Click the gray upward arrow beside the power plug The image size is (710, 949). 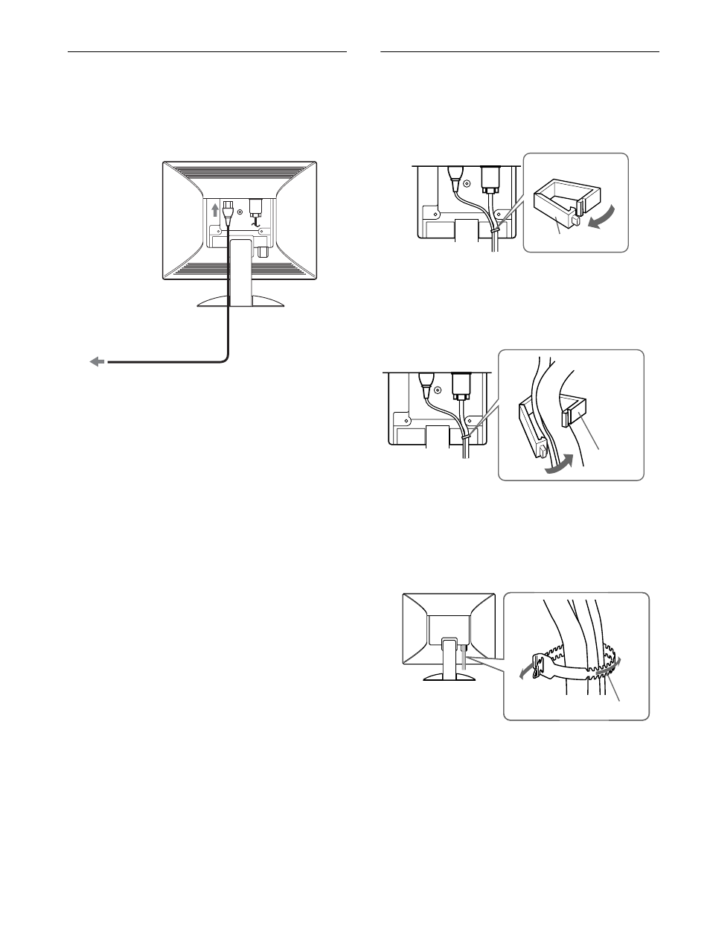(216, 209)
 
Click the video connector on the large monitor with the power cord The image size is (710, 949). (257, 207)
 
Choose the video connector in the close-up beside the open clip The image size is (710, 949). (489, 179)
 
